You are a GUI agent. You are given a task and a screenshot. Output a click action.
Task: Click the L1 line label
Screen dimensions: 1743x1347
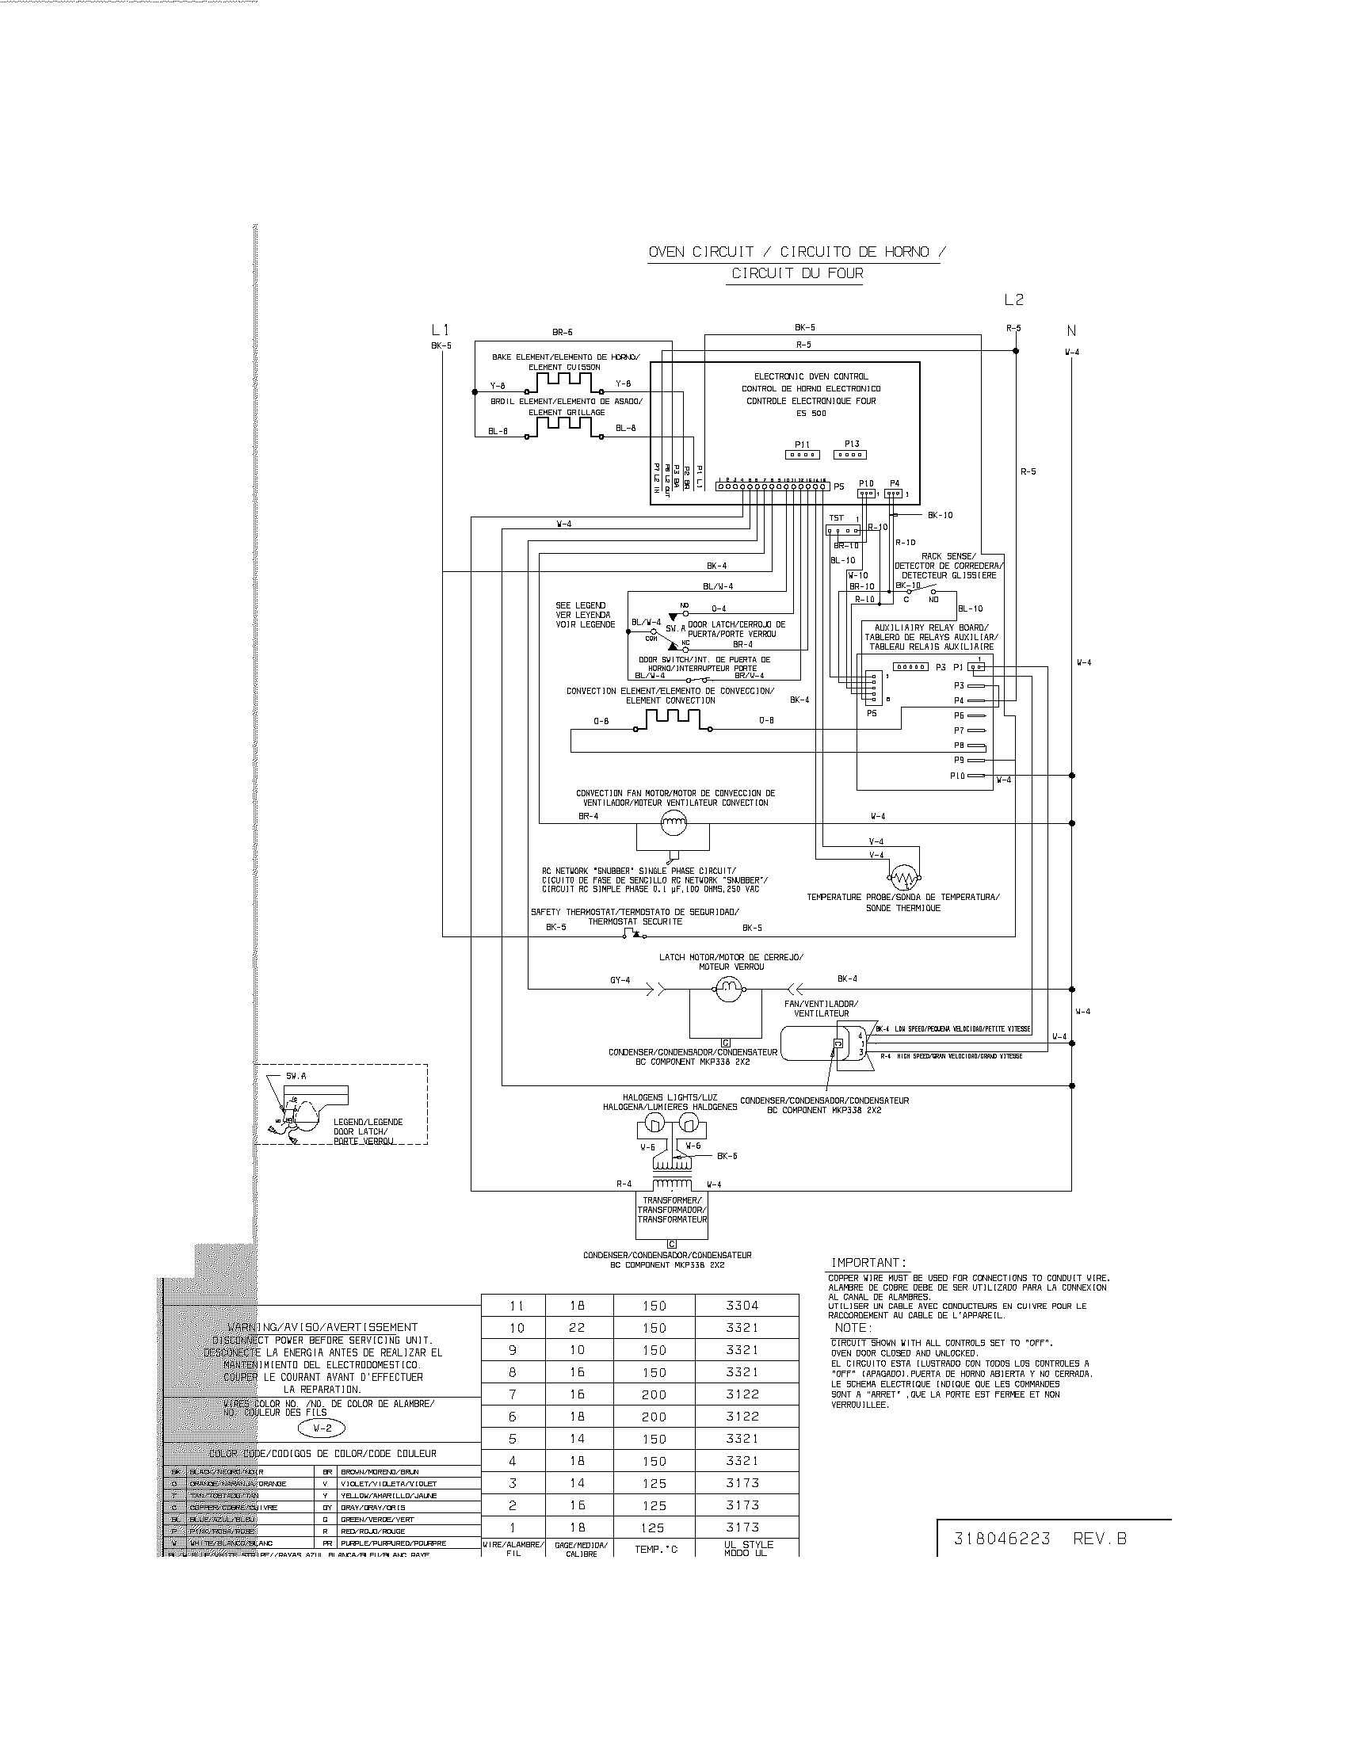click(x=440, y=330)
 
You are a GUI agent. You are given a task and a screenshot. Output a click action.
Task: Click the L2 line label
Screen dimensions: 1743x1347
click(x=1013, y=300)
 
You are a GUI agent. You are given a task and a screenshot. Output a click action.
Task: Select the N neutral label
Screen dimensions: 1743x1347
click(x=1071, y=330)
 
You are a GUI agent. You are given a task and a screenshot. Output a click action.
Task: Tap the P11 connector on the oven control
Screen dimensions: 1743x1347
click(x=802, y=454)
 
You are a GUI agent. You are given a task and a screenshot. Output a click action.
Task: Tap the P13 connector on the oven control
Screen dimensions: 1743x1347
click(x=850, y=454)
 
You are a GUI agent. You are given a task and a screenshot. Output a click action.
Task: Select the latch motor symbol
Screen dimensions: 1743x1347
click(x=727, y=990)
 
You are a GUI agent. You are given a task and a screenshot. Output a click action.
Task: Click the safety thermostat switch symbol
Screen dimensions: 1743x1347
click(x=631, y=933)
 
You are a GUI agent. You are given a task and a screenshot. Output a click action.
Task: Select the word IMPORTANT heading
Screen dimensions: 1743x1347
click(x=868, y=1263)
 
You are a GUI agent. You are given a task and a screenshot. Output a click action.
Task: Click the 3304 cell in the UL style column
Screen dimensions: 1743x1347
click(x=742, y=1306)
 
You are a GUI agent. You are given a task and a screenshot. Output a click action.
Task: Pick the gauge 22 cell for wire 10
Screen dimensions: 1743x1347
click(x=577, y=1328)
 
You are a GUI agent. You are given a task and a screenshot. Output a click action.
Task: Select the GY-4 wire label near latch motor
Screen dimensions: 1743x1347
click(x=620, y=980)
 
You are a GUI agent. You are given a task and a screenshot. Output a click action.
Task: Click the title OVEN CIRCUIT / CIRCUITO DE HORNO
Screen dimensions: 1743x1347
click(x=796, y=252)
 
